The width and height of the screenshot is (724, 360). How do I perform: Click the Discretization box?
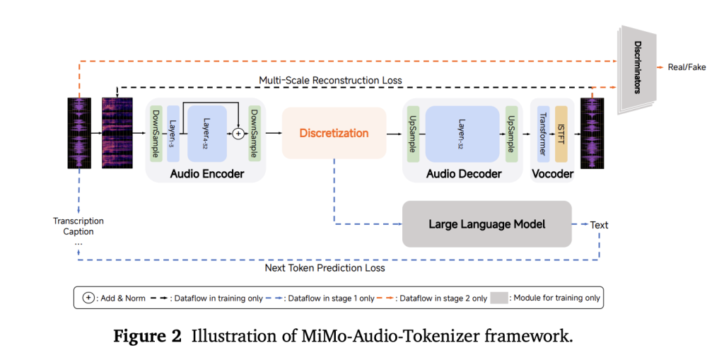coord(334,133)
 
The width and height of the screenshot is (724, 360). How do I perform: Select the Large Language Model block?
coord(486,224)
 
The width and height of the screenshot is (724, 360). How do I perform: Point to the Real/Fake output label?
coord(687,67)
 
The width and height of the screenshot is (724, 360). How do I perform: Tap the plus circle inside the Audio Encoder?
coord(238,133)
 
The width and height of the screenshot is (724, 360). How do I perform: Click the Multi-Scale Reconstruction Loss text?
coord(330,81)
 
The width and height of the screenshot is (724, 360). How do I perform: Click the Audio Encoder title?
coord(206,174)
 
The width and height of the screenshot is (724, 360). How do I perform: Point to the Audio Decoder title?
coord(464,174)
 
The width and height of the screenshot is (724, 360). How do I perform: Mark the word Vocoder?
coord(551,174)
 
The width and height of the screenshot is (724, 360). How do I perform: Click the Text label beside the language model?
coord(599,225)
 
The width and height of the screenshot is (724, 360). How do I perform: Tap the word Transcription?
coord(78,221)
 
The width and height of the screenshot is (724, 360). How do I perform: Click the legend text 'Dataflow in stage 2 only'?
coord(443,298)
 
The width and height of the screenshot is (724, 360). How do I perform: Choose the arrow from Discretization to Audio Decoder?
coord(395,133)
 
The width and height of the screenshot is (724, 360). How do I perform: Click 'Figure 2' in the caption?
coord(147,336)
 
